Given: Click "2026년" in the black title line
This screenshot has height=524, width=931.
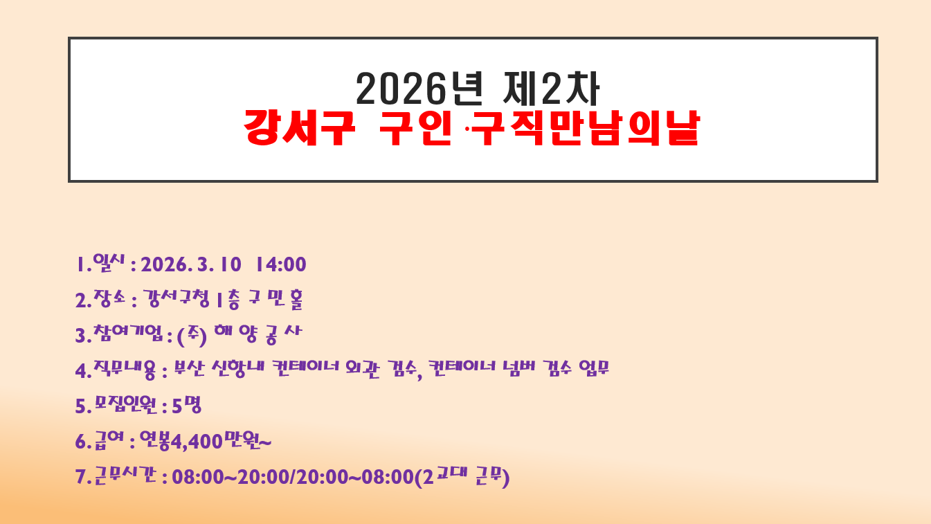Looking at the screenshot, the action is [419, 89].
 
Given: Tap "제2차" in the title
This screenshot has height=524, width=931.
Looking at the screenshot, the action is [551, 89].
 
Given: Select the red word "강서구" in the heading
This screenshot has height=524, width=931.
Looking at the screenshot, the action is [299, 127].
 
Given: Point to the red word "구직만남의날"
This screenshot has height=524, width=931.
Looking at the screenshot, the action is [586, 127].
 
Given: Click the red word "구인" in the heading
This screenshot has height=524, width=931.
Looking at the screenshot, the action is [415, 127].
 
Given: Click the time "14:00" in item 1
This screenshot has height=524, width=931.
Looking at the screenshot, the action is [280, 264].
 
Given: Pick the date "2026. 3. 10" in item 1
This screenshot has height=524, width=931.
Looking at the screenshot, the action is [191, 264].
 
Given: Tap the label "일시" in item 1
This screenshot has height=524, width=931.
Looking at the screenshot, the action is [109, 262].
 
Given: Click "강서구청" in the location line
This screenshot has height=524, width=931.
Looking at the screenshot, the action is [176, 299].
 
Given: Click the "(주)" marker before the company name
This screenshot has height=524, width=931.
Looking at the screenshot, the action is [192, 336].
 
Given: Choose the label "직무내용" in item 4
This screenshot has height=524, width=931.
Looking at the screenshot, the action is [125, 369].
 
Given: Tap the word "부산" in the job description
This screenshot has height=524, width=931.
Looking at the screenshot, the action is [190, 368].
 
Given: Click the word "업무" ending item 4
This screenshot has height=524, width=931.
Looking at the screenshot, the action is [594, 368].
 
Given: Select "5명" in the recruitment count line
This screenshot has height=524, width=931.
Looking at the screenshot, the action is [187, 405].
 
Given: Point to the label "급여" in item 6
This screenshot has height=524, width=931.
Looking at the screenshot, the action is [109, 440].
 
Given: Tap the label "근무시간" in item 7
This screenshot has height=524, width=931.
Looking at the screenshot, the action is [125, 476].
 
